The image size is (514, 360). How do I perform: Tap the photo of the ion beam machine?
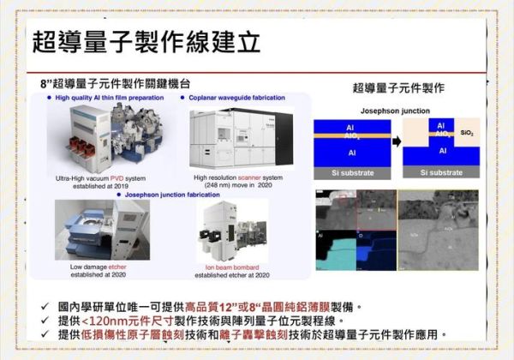click(x=232, y=231)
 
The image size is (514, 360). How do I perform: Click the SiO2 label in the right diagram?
click(x=466, y=134)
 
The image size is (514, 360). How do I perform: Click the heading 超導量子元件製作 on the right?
click(x=398, y=87)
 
